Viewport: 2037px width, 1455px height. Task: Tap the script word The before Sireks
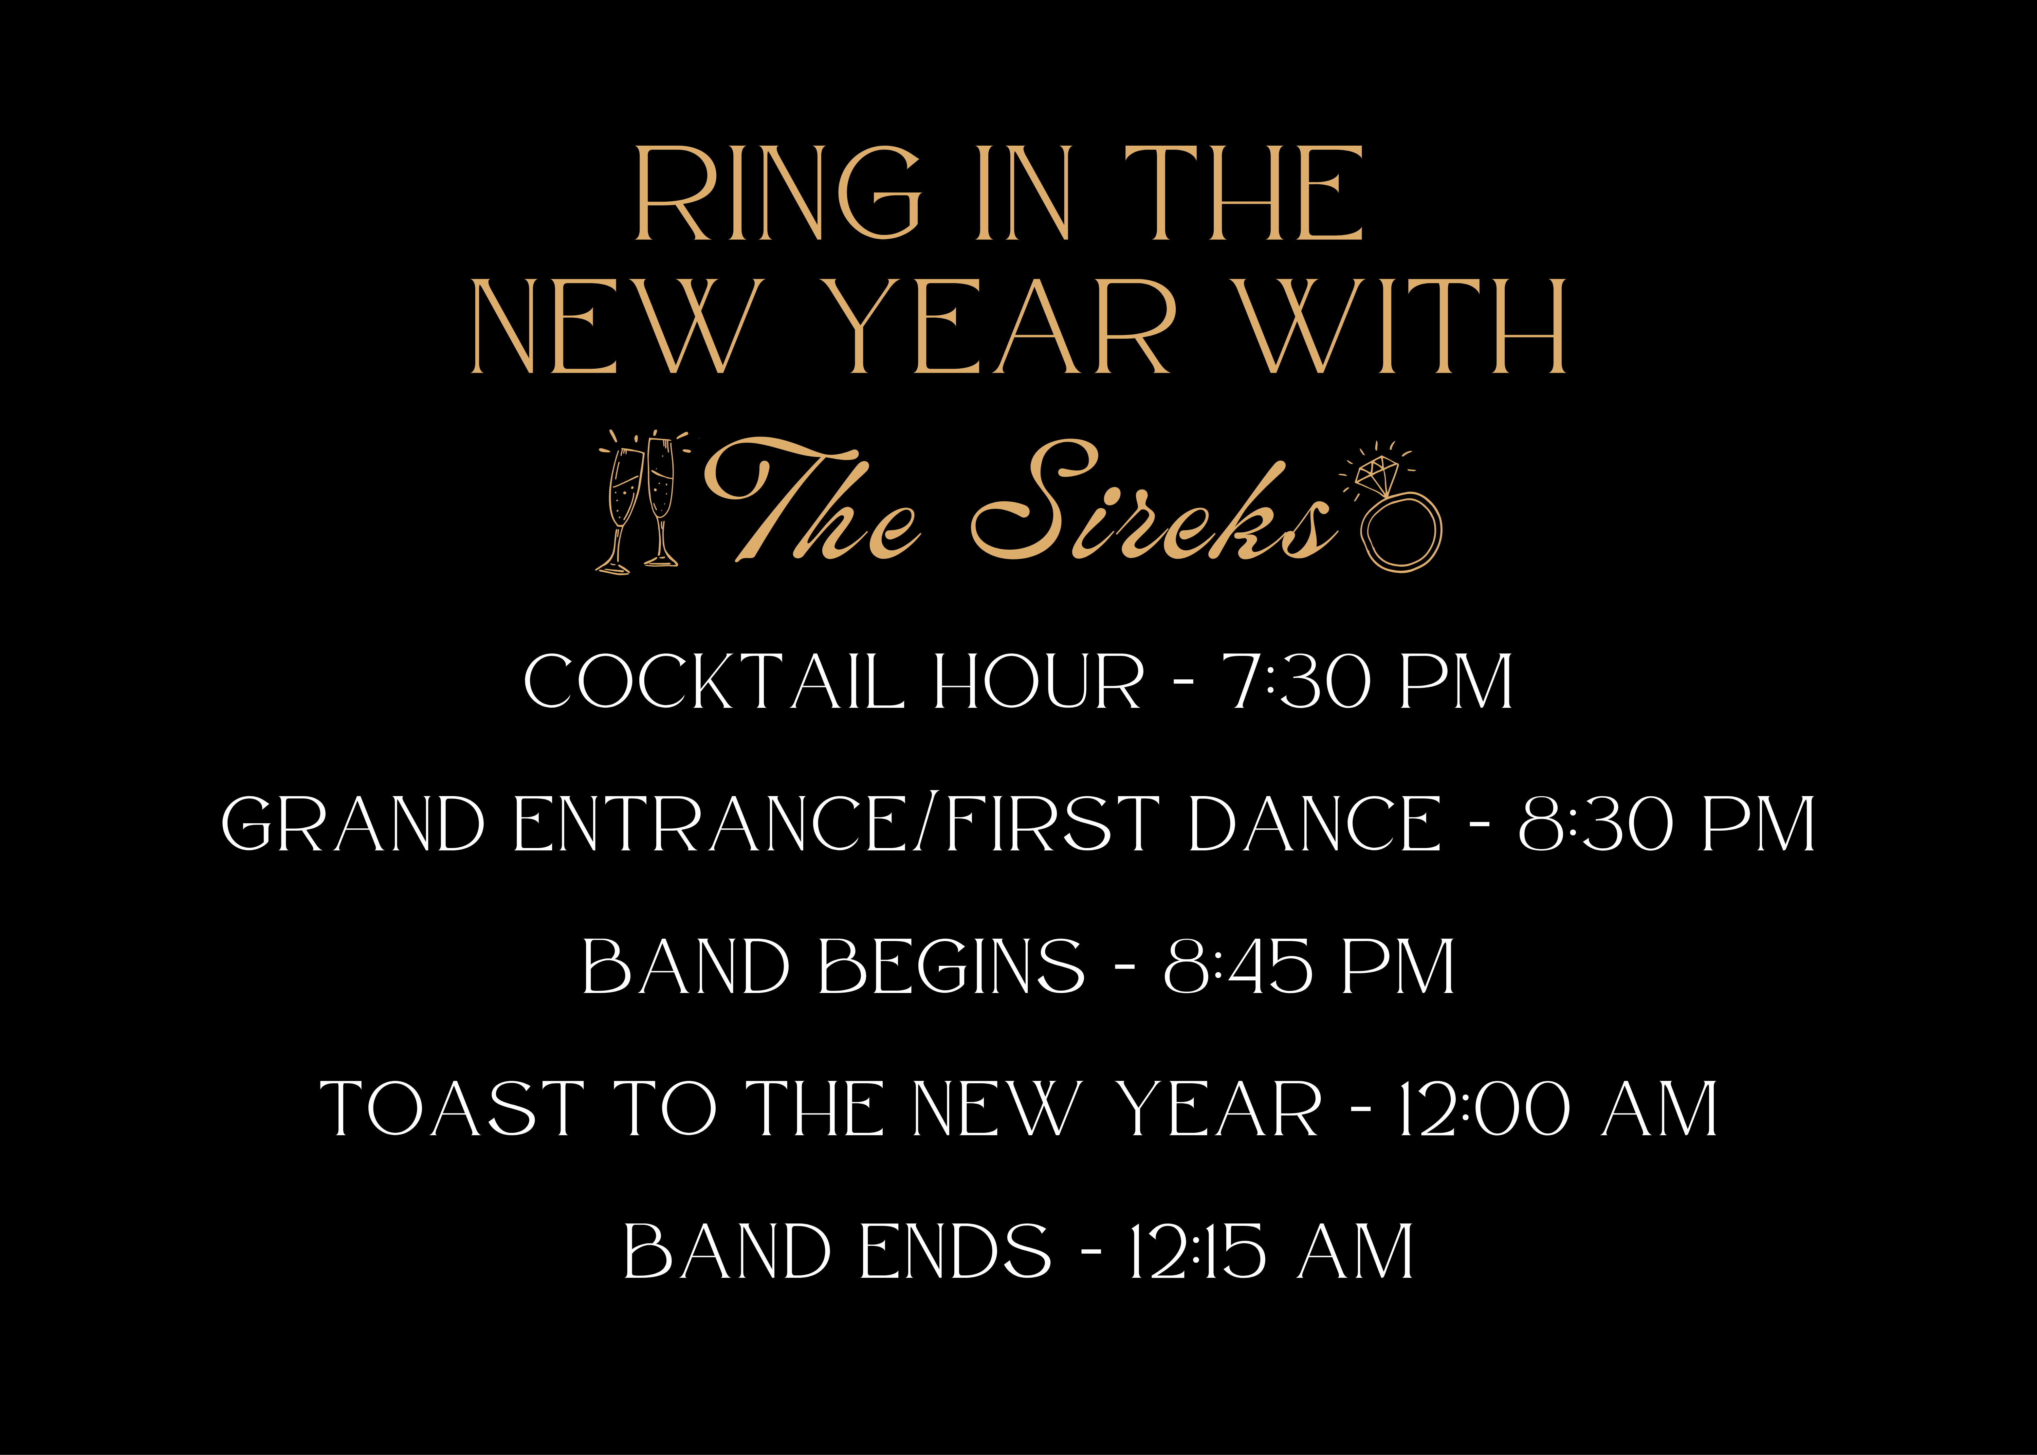(811, 502)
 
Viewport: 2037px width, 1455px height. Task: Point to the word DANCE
(1314, 824)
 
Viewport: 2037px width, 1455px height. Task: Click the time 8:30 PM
(1666, 824)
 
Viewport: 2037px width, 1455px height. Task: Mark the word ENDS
(955, 1252)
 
